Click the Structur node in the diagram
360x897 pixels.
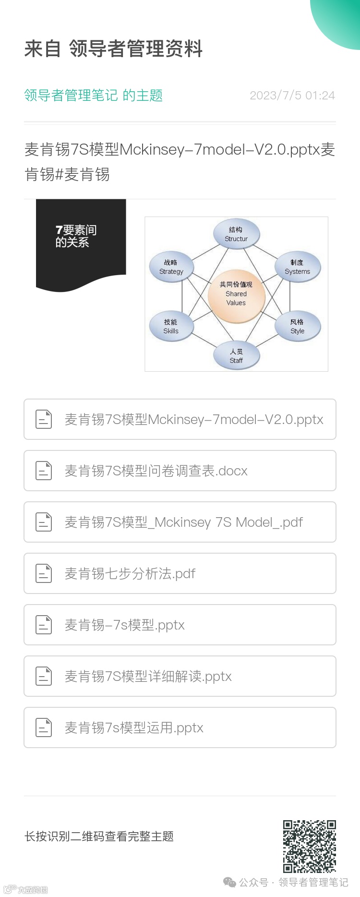pos(236,234)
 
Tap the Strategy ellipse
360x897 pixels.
pos(171,267)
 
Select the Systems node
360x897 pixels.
pos(297,267)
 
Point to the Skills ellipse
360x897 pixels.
pos(171,327)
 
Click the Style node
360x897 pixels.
pos(297,327)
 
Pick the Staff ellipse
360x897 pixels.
pos(236,356)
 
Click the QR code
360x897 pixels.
pos(309,846)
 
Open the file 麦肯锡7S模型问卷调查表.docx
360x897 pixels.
pos(156,471)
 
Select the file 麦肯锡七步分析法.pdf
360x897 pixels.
pos(130,573)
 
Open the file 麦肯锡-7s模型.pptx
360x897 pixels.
pos(125,625)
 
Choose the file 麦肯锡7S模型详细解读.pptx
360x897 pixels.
pos(148,676)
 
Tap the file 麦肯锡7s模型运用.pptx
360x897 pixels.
pos(134,727)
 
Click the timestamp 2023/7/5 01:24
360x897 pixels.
pos(292,95)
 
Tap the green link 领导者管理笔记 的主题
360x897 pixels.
pos(94,95)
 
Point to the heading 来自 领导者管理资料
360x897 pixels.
pos(113,48)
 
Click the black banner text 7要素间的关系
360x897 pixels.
pos(75,236)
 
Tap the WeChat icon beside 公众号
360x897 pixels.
pos(229,882)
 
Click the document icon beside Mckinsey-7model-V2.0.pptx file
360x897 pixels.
pos(44,419)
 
